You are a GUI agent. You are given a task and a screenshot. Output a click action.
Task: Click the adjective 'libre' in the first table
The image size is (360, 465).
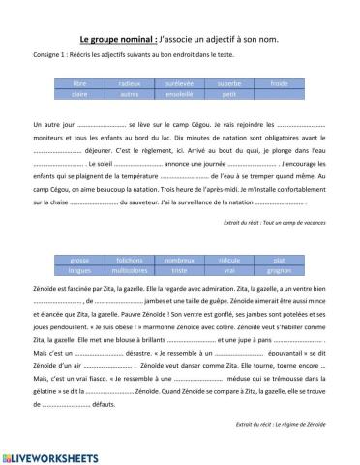coord(79,85)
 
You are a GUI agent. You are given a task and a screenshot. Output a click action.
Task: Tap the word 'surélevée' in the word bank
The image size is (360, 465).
coord(180,85)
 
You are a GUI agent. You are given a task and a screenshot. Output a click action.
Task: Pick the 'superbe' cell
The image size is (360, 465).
coord(230,85)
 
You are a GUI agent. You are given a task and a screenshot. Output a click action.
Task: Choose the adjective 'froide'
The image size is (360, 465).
coord(281,85)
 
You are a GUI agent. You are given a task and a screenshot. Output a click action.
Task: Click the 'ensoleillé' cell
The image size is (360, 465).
coord(180,96)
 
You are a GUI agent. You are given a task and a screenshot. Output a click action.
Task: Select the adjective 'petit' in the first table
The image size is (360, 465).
coord(230,96)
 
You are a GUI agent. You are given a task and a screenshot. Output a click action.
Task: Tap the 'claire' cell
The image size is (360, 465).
coord(79,96)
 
